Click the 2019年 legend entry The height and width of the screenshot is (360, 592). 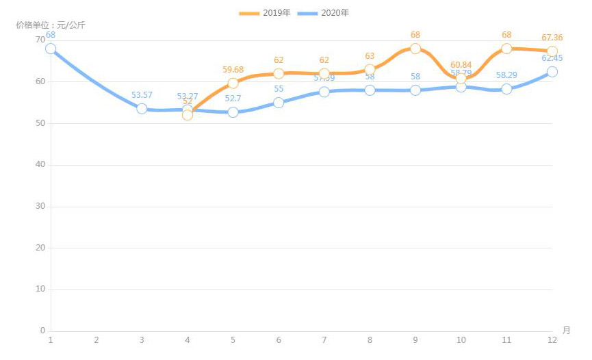click(265, 13)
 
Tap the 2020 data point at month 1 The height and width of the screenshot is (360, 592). click(51, 49)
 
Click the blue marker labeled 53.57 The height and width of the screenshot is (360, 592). click(142, 108)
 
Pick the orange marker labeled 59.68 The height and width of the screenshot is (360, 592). click(233, 83)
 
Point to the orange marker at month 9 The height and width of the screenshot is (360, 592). click(415, 49)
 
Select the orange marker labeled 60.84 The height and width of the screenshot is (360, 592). click(461, 78)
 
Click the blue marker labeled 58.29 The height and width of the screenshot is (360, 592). click(506, 89)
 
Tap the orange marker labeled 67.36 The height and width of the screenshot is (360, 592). click(552, 51)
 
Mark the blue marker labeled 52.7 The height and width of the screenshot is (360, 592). click(233, 112)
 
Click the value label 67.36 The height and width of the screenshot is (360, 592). click(552, 38)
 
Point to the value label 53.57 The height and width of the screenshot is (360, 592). click(142, 95)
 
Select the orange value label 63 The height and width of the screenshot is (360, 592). click(370, 56)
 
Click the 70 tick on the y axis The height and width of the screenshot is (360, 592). click(40, 40)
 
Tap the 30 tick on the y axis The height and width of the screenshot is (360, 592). click(40, 206)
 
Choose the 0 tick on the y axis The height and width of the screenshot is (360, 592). click(42, 331)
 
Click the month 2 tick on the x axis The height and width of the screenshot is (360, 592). click(96, 340)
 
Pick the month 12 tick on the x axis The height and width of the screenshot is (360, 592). click(552, 340)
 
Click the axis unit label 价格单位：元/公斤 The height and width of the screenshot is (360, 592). click(51, 25)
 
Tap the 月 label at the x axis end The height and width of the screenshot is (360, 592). click(566, 330)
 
